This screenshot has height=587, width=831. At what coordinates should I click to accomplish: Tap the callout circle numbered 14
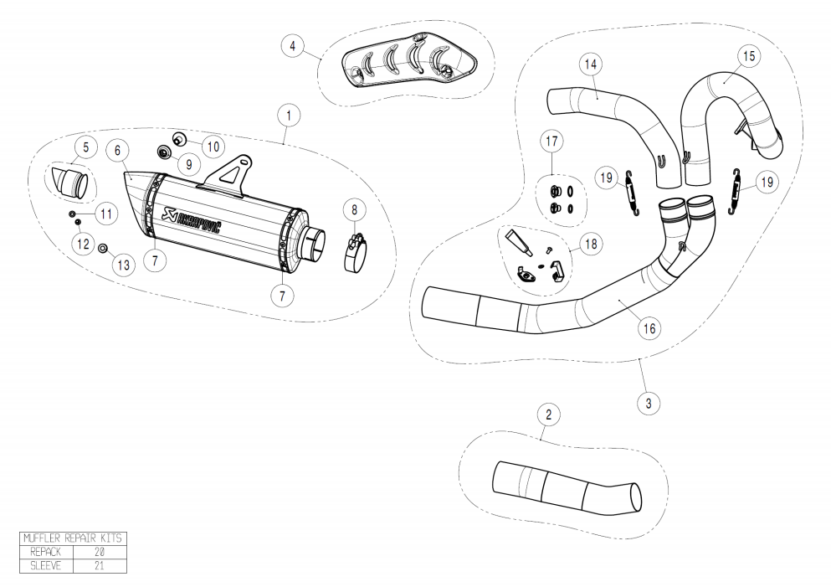pos(590,64)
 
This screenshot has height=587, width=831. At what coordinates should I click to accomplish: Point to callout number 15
pos(748,55)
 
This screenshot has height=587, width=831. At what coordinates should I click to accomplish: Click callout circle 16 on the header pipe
pos(649,329)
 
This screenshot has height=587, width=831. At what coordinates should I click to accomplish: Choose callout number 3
pos(648,403)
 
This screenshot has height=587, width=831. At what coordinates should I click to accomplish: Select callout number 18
pos(591,245)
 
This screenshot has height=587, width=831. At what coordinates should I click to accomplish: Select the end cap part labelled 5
pos(74,181)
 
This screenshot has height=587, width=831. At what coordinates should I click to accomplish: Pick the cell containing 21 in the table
pos(100,565)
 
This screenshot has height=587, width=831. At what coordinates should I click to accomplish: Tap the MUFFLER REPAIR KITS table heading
pos(73,538)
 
